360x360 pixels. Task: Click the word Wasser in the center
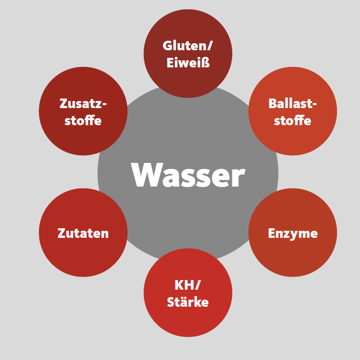tap(188, 174)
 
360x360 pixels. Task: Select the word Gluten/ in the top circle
tap(188, 46)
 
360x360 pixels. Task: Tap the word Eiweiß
tap(188, 62)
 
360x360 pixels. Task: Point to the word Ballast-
tap(293, 104)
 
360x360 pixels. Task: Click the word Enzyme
tap(293, 234)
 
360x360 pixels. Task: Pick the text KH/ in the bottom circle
tap(188, 285)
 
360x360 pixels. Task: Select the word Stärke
tap(188, 301)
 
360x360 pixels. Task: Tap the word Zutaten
tap(83, 233)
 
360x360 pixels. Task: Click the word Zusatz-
tap(83, 104)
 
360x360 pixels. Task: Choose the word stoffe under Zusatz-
tap(83, 120)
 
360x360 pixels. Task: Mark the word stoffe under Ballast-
tap(293, 120)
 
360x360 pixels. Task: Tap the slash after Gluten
tap(210, 46)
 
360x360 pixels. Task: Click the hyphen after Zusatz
tap(104, 105)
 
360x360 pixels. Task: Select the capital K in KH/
tap(179, 285)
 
